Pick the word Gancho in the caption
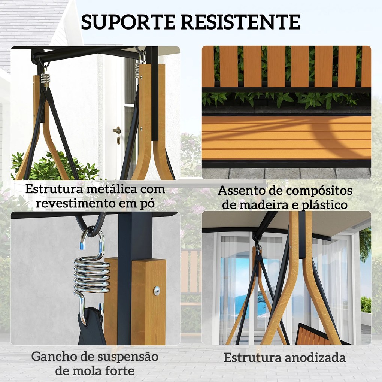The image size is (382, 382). (x=56, y=356)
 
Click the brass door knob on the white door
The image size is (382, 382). (x=117, y=130)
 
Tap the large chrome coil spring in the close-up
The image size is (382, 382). (x=92, y=275)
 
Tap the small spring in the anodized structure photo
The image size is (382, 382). (x=258, y=248)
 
